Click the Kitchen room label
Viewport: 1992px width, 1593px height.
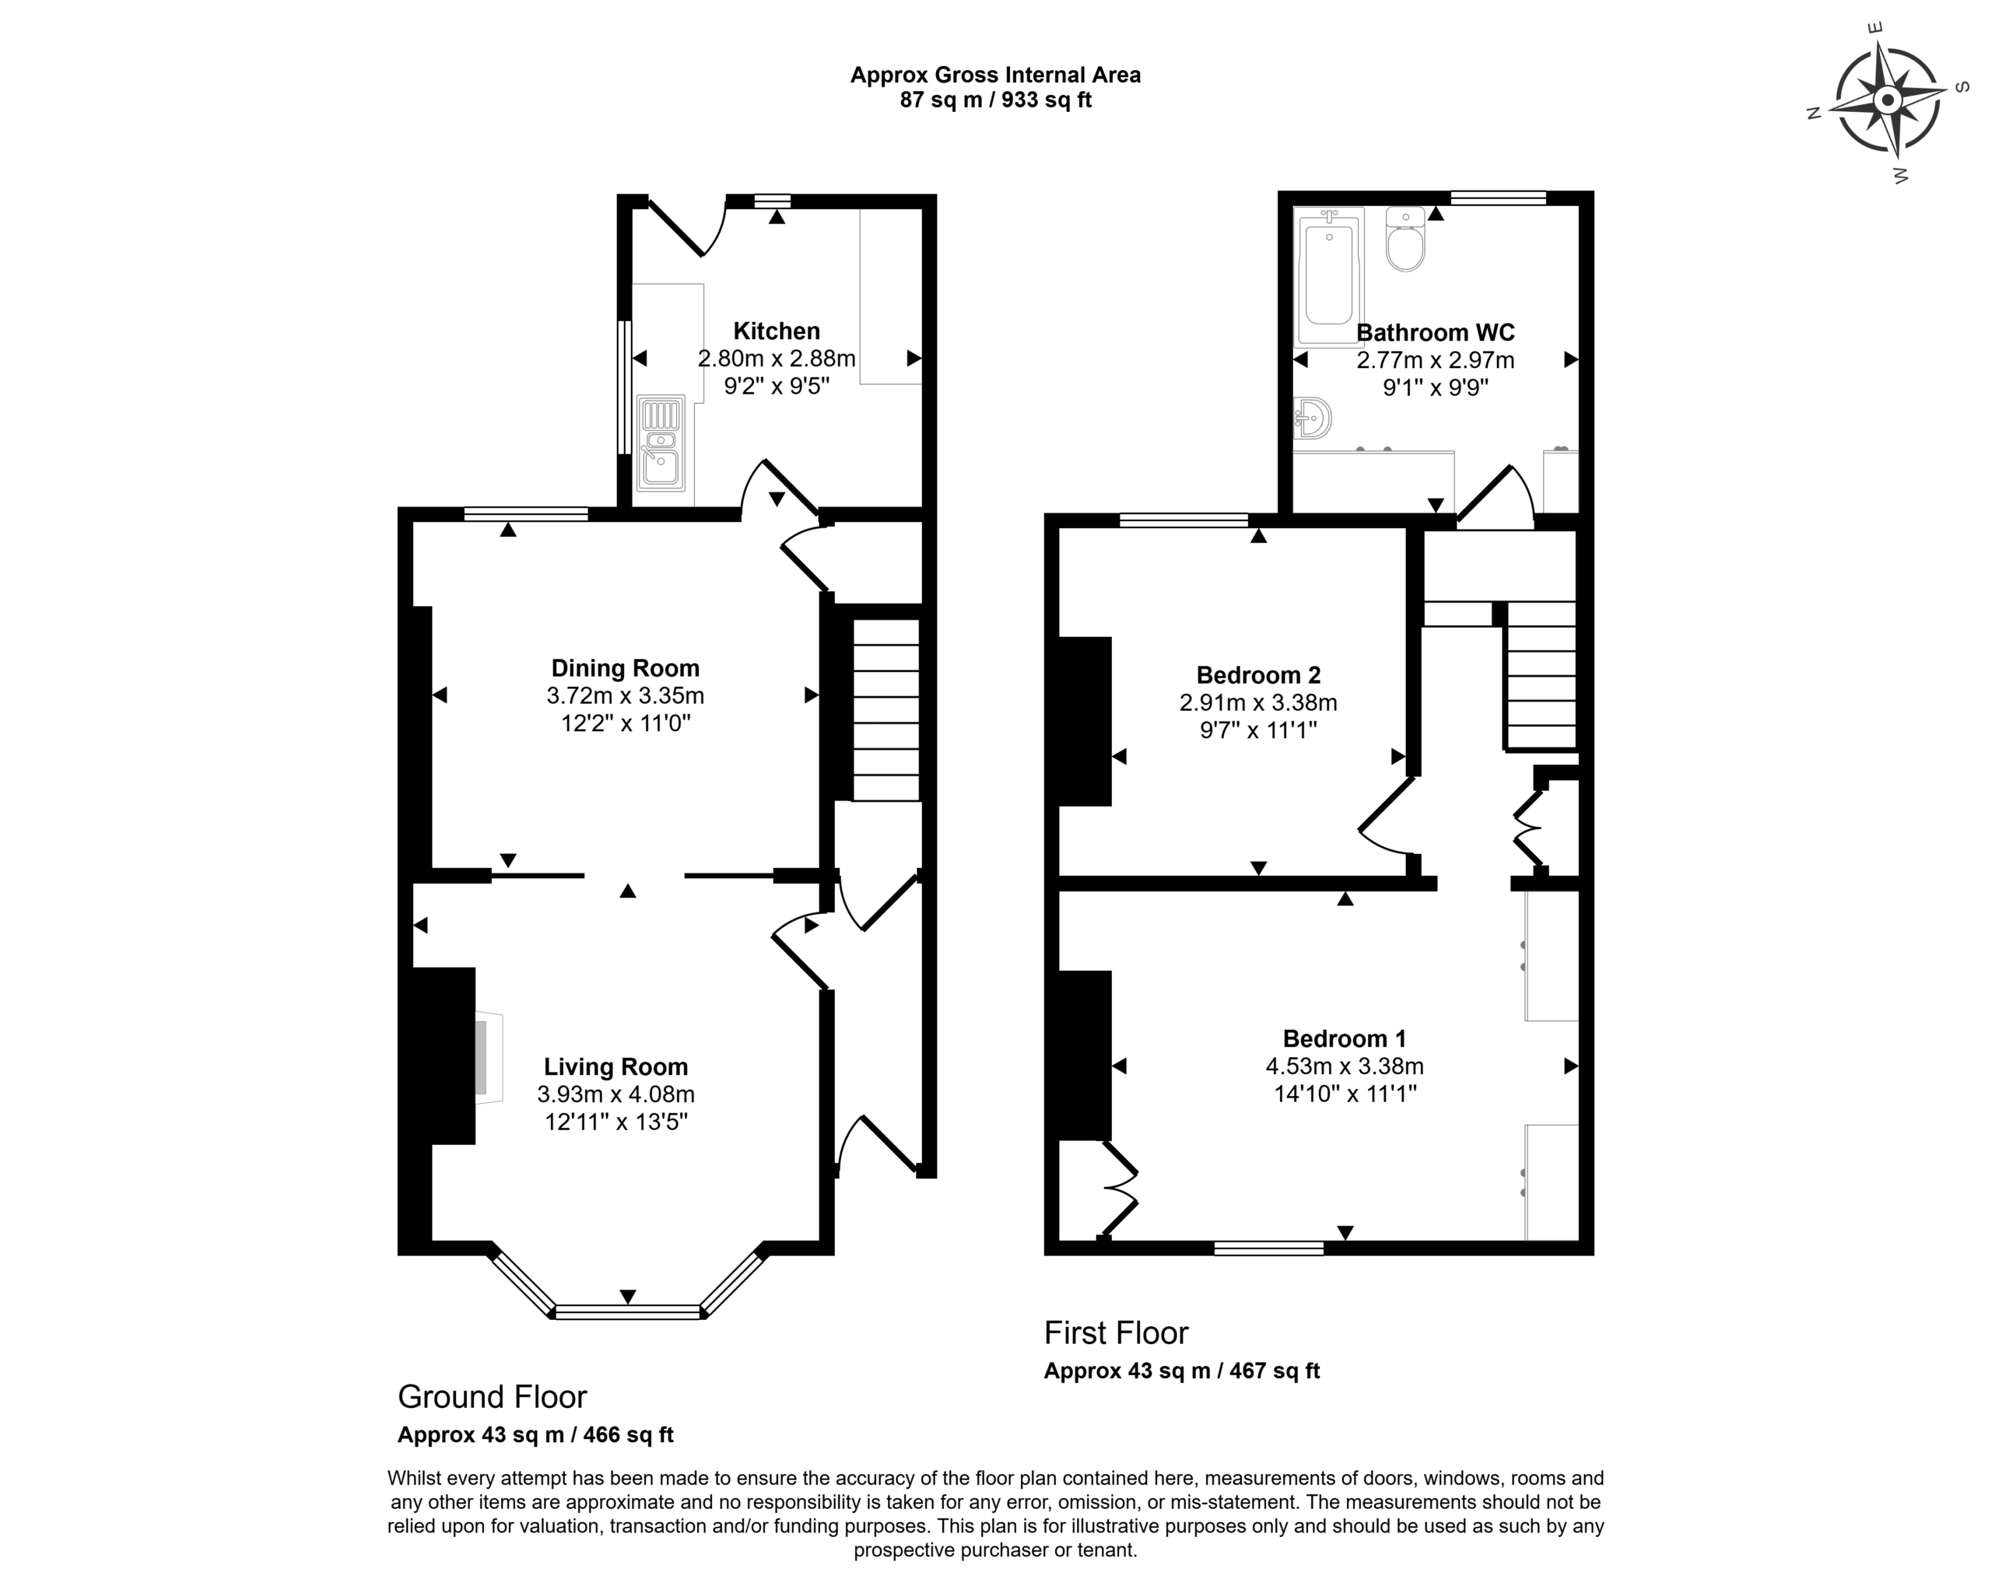point(776,331)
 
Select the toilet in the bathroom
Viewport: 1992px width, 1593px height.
point(1405,239)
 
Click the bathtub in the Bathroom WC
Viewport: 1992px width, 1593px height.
point(1328,276)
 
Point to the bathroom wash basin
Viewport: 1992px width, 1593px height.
point(1311,418)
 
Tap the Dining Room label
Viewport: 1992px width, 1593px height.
point(626,667)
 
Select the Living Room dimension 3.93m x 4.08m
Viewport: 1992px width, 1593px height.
point(616,1094)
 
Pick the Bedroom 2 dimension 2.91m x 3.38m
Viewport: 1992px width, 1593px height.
point(1258,702)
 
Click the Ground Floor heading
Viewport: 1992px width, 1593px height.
point(493,1396)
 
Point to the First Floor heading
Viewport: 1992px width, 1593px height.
point(1116,1332)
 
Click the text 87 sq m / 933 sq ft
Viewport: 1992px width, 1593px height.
point(996,100)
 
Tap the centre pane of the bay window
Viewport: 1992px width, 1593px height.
point(628,1311)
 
